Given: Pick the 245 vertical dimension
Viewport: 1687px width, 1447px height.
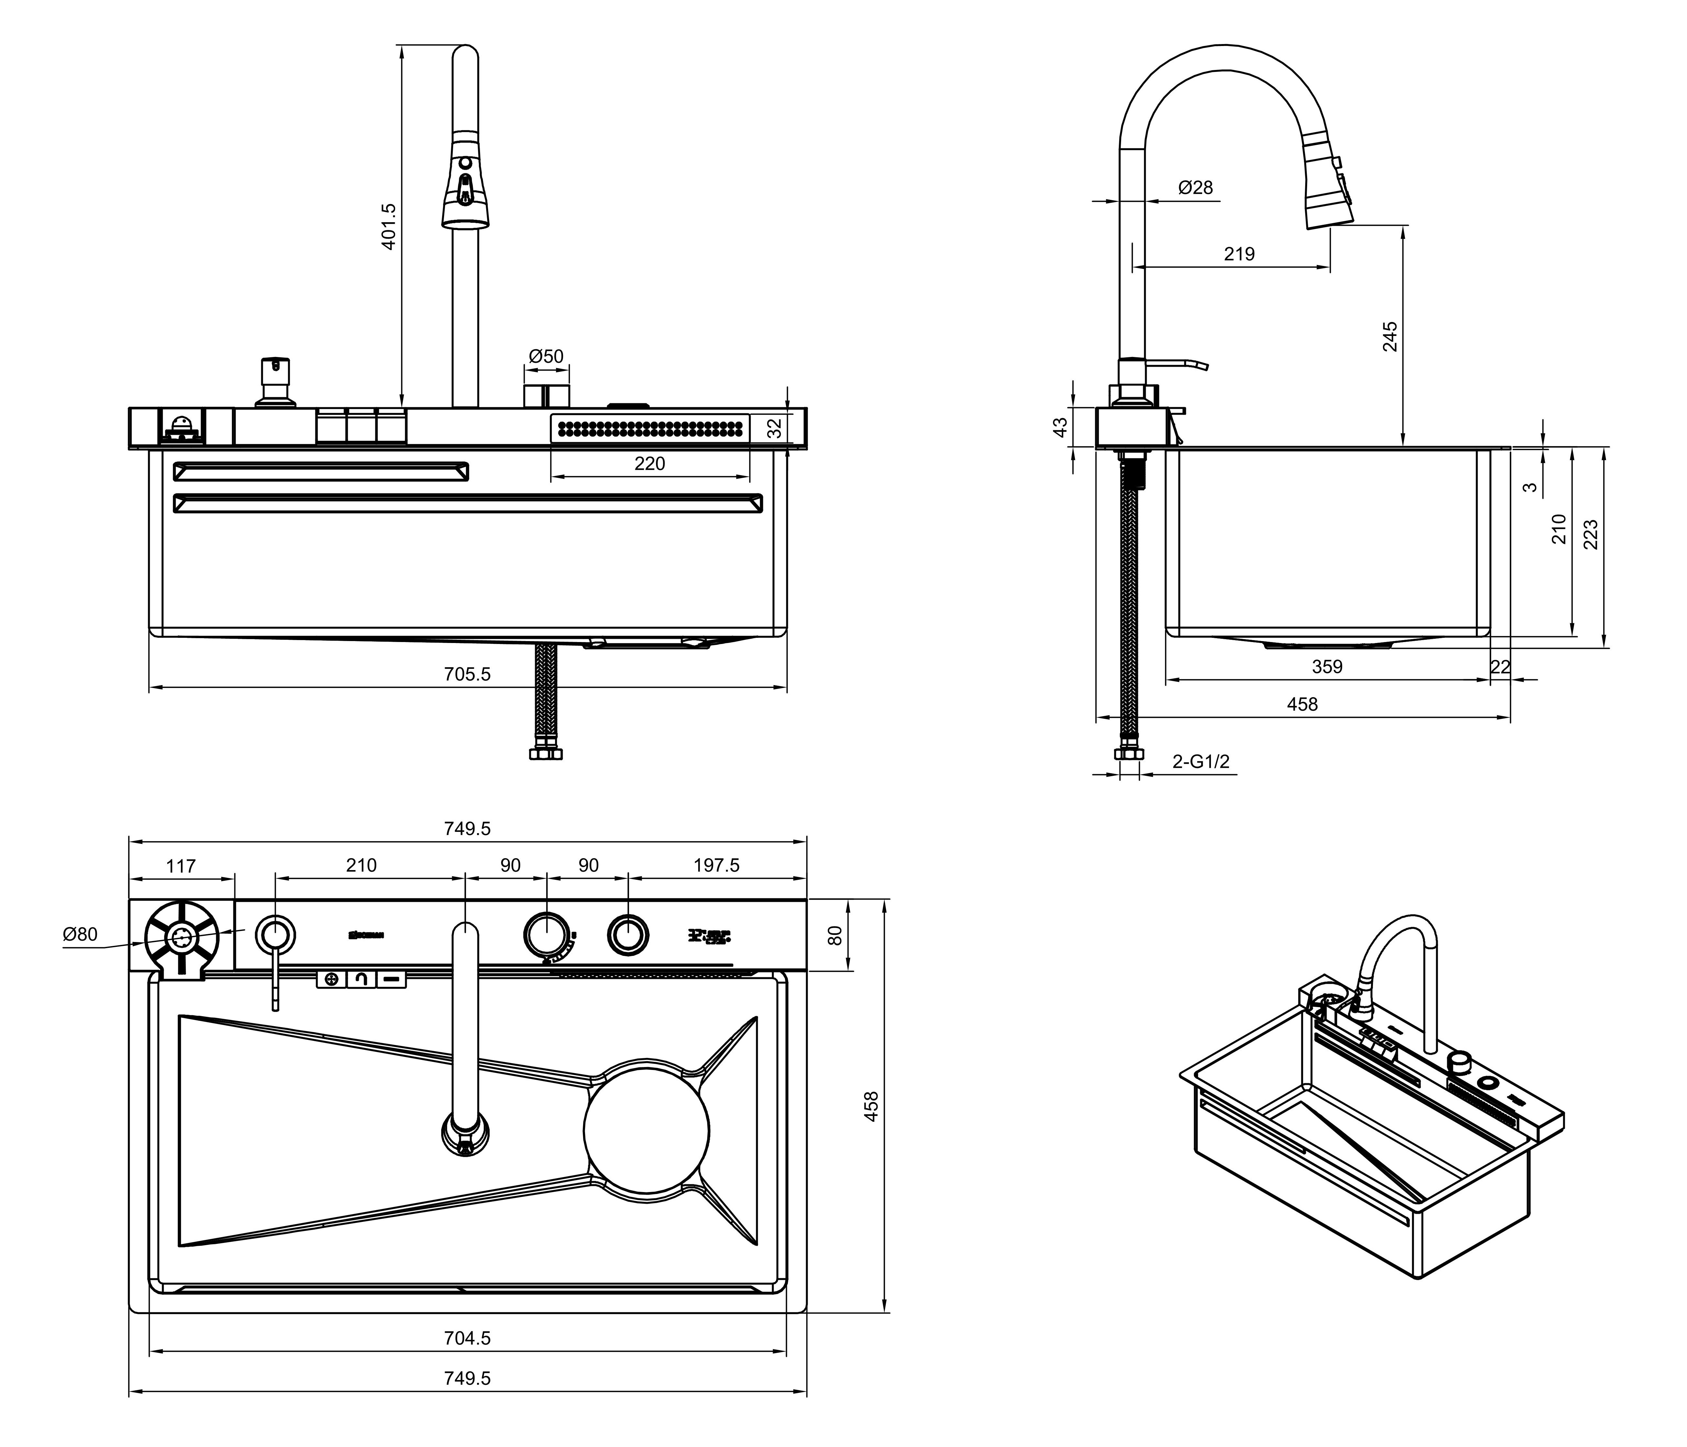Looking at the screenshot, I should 1390,336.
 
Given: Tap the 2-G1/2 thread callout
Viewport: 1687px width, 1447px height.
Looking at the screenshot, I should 1201,762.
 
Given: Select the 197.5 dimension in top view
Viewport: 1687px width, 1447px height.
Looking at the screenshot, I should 717,865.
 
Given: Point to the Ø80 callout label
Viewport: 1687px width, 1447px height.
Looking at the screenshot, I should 80,934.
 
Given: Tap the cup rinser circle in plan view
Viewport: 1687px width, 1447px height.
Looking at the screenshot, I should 182,938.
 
